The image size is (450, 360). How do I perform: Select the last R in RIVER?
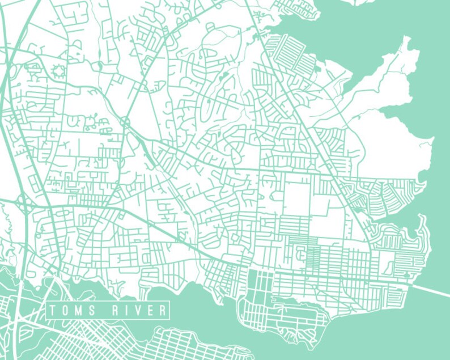pos(162,311)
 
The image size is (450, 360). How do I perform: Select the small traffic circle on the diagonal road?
pos(125,122)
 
